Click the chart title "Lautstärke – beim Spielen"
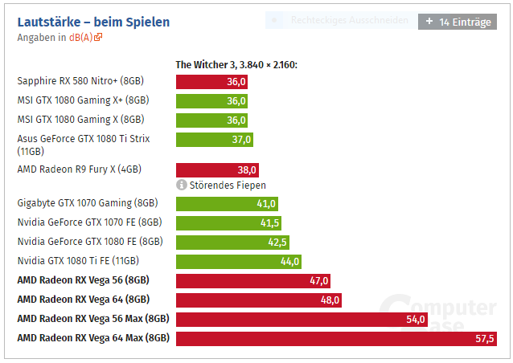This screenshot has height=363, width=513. tap(93, 22)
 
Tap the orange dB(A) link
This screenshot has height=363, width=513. tap(84, 37)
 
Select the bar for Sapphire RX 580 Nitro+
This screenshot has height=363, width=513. tap(211, 81)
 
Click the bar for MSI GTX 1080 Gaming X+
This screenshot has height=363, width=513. tap(211, 100)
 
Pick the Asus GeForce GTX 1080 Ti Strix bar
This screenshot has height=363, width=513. tap(215, 140)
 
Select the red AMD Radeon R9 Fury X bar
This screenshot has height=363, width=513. tap(217, 169)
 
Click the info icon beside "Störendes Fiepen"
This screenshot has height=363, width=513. tap(182, 186)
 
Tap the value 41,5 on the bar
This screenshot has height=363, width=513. tap(269, 222)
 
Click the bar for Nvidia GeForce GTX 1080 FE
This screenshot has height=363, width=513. tap(232, 242)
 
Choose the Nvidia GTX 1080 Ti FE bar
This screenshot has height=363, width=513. tap(239, 261)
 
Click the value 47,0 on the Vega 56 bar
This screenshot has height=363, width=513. tap(319, 280)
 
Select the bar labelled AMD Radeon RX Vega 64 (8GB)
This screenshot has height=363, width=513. tap(259, 300)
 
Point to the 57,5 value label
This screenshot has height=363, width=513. tap(485, 339)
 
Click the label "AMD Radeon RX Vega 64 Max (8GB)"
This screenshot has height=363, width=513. tap(93, 338)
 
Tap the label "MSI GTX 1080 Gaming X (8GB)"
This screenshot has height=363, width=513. tap(80, 119)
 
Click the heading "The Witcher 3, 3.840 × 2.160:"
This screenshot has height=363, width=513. tap(236, 64)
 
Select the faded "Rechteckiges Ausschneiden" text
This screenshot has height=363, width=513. tap(349, 20)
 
